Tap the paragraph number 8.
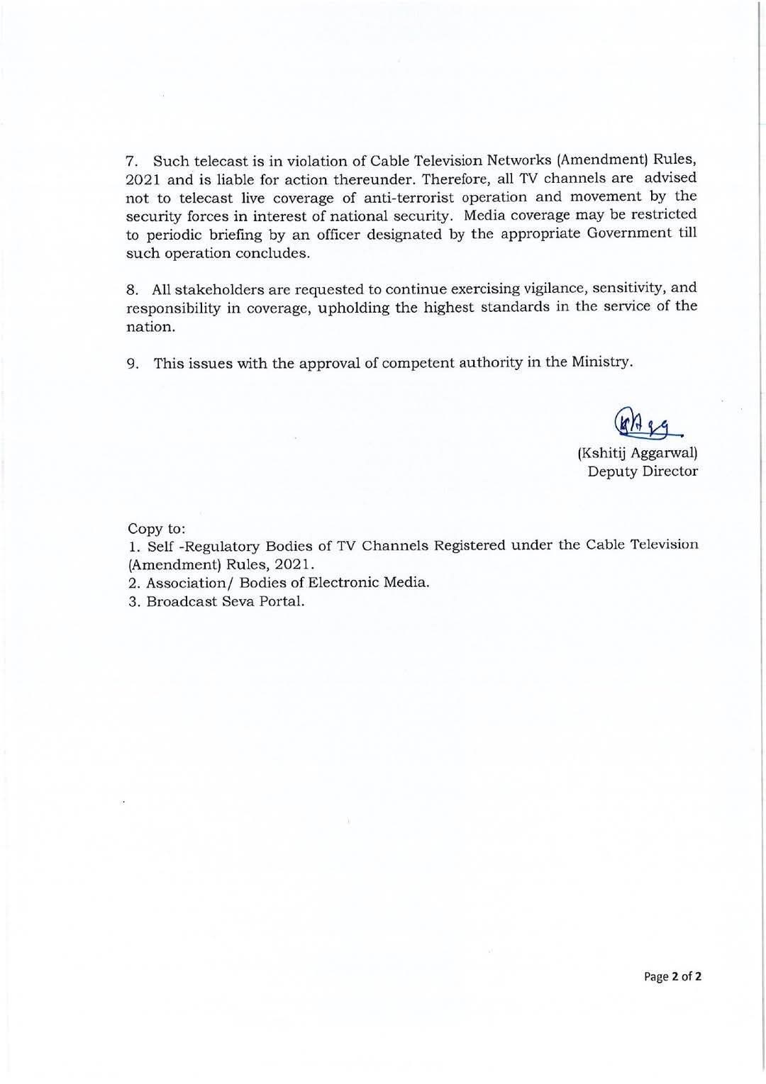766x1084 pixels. [131, 290]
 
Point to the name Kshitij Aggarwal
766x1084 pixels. [638, 452]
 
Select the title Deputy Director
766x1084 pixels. [642, 471]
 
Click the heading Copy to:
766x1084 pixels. [156, 528]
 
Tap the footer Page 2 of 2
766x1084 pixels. [672, 976]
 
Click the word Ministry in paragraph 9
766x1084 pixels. [601, 362]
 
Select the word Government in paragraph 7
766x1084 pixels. [627, 234]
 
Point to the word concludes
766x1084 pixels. [275, 253]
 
